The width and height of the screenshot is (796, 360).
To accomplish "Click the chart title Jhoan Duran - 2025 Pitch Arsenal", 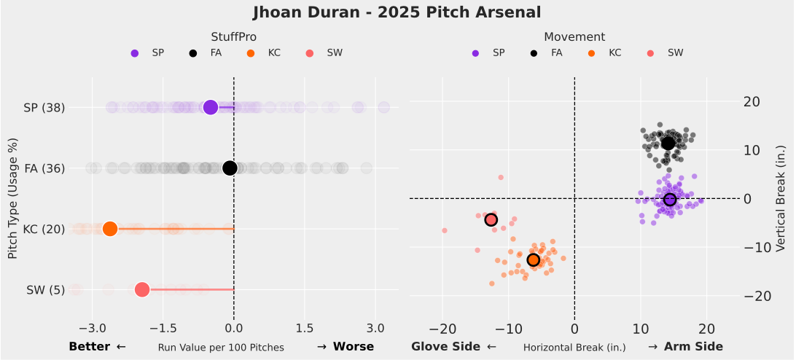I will coord(397,12).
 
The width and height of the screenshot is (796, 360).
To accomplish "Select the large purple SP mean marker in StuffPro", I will coord(211,107).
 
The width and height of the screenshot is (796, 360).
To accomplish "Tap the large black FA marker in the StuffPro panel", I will coord(230,168).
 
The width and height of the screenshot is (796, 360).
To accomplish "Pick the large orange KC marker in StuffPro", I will coord(110,229).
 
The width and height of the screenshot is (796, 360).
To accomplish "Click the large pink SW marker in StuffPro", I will coord(142,290).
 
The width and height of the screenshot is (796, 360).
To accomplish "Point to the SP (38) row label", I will coord(44,108).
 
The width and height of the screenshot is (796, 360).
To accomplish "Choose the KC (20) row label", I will coord(44,229).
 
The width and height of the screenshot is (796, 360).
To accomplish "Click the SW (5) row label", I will coord(45,290).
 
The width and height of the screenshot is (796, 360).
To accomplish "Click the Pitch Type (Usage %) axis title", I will coord(12,198).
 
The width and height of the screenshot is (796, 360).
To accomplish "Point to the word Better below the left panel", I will coord(89,347).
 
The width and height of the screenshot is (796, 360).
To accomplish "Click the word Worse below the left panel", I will coord(354,347).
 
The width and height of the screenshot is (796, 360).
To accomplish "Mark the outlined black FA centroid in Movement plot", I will coord(668,143).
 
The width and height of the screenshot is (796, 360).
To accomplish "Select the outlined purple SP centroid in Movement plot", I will coord(671,200).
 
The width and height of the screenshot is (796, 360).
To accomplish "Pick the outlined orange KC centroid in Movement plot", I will coord(533,259).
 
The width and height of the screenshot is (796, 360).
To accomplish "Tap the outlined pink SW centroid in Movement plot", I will coord(491,219).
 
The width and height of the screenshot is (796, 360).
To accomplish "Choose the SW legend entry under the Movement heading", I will coord(675,52).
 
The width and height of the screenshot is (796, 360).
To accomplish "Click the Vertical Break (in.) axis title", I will coord(781,198).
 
